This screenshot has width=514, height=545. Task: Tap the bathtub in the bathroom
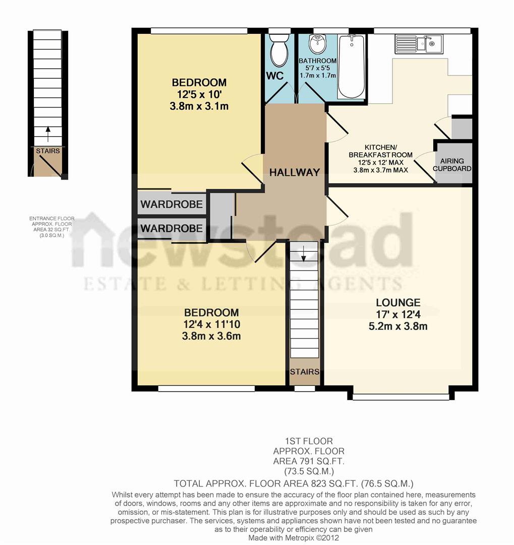[x=351, y=67]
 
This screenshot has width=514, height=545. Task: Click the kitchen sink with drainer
[x=419, y=43]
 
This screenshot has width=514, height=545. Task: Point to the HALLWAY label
[x=295, y=172]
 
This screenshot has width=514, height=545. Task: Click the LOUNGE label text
[x=398, y=303]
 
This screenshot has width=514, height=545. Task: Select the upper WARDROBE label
[x=172, y=204]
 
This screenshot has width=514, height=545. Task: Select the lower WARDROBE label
[x=172, y=229]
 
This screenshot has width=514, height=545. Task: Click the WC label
[x=275, y=76]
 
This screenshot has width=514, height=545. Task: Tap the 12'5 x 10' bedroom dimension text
[x=199, y=94]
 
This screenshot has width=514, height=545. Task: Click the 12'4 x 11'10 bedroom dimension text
[x=211, y=324]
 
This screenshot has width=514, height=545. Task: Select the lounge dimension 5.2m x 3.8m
[x=398, y=326]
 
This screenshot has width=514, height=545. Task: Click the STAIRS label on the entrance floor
[x=48, y=151]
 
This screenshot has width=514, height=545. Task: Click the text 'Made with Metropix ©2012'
[x=294, y=538]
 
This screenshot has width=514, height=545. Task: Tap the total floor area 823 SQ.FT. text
[x=294, y=482]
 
